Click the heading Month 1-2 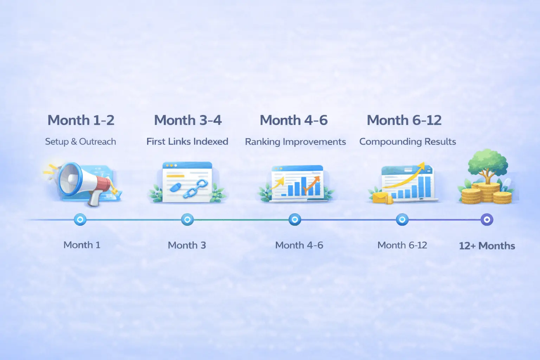[81, 120]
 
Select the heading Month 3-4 [188, 120]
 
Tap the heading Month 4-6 [294, 120]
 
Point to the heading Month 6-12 [404, 120]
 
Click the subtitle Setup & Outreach [81, 141]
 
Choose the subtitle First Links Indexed [187, 141]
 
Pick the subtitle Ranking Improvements [295, 142]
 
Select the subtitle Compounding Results [407, 141]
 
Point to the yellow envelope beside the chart [379, 198]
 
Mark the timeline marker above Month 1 [80, 220]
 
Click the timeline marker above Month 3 [187, 220]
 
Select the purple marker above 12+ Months [487, 220]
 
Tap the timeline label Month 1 [82, 245]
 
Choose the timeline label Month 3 [187, 245]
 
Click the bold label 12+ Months [487, 246]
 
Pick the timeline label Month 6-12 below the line [402, 245]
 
